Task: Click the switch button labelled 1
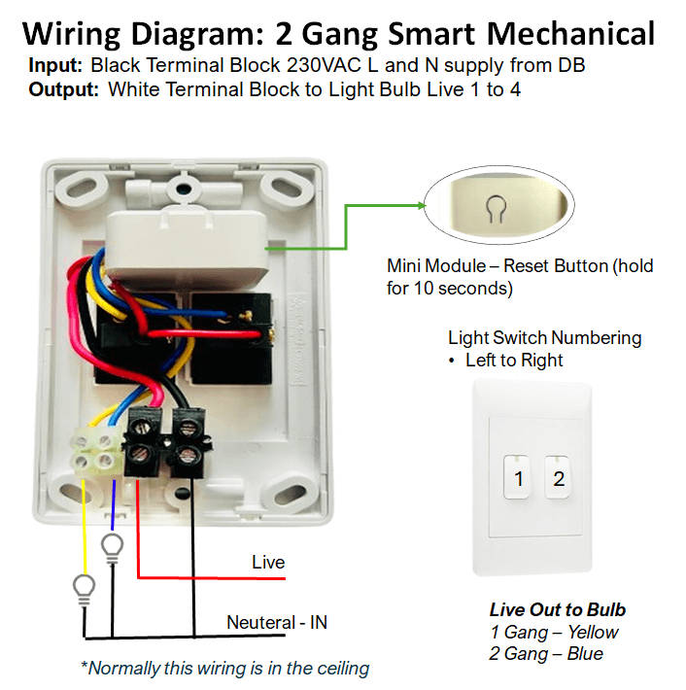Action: pyautogui.click(x=519, y=477)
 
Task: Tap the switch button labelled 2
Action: pyautogui.click(x=558, y=477)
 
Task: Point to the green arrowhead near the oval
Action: pyautogui.click(x=422, y=206)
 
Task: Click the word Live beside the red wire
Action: pyautogui.click(x=268, y=563)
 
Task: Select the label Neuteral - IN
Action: pyautogui.click(x=277, y=622)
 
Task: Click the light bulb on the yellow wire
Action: pyautogui.click(x=86, y=588)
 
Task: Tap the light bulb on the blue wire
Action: pyautogui.click(x=114, y=545)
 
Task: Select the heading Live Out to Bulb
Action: pyautogui.click(x=557, y=610)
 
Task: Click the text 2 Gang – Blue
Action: pyautogui.click(x=546, y=653)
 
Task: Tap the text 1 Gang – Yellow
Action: pyautogui.click(x=554, y=632)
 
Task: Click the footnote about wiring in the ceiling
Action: pyautogui.click(x=224, y=668)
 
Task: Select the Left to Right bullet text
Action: pyautogui.click(x=514, y=360)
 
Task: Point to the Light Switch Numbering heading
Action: pyautogui.click(x=544, y=338)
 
